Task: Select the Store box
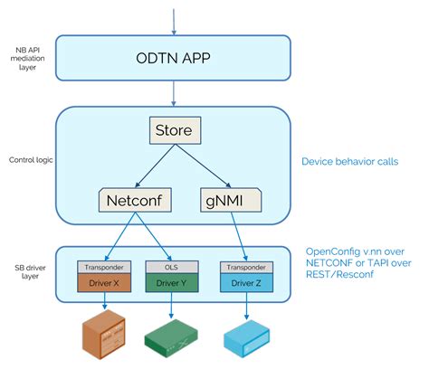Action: pyautogui.click(x=175, y=132)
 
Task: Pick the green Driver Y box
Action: pyautogui.click(x=168, y=282)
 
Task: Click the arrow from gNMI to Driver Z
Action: pyautogui.click(x=241, y=233)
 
